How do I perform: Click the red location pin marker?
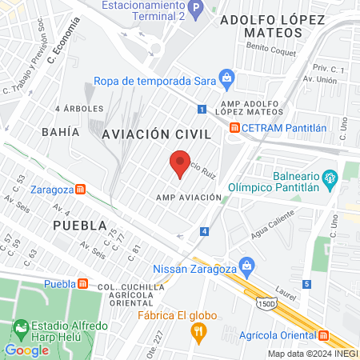point(181,162)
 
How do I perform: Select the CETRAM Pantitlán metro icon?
point(234,127)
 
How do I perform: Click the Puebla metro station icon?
point(83,283)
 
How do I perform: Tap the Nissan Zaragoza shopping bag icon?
point(247,263)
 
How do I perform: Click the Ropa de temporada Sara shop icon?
point(227,78)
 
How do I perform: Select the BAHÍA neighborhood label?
point(61,131)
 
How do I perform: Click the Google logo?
point(26,350)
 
